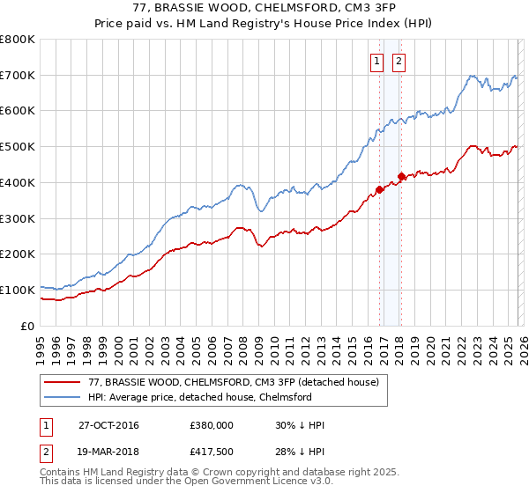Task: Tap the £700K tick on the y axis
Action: coord(18,76)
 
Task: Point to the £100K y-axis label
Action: coord(18,290)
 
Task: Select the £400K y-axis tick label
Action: coord(18,182)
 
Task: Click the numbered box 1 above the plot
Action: coord(377,61)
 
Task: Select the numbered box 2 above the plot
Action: coord(399,61)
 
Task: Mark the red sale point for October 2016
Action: coord(380,189)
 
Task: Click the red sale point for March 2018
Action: coord(401,176)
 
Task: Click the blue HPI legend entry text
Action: coord(200,397)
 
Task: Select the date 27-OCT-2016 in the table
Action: coord(108,425)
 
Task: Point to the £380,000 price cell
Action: coord(211,425)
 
